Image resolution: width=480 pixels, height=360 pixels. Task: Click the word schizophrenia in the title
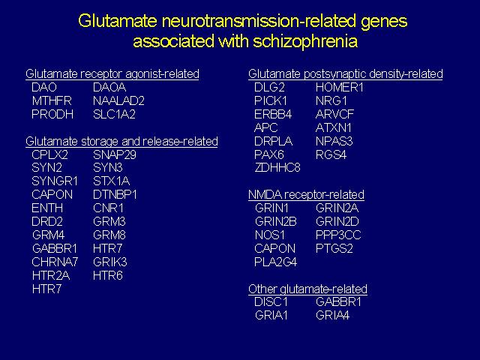305,42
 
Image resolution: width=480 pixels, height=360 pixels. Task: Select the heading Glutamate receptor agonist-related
112,74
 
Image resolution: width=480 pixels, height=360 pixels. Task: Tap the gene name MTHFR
52,100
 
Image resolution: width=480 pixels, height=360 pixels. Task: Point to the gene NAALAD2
118,100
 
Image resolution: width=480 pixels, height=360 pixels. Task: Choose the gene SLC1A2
114,114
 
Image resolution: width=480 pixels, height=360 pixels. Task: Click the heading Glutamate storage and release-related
121,142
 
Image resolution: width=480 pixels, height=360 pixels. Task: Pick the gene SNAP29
115,155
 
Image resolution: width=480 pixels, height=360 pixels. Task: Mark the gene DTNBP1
115,195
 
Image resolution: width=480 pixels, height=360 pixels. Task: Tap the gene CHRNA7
55,262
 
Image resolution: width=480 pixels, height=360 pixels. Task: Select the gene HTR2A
51,276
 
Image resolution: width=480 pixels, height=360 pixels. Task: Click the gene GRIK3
110,262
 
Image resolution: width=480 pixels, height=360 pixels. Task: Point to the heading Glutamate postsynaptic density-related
346,74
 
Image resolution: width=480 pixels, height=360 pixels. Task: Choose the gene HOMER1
340,88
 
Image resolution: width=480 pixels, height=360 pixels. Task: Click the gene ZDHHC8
277,168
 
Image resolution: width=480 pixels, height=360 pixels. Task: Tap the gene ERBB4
273,114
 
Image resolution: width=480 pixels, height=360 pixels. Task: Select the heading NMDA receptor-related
307,195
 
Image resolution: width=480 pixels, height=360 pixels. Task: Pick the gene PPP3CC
338,235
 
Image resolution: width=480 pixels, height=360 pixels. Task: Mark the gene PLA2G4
275,262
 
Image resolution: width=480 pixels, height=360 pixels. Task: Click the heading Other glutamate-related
308,289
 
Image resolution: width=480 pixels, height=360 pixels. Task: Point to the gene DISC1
271,302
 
